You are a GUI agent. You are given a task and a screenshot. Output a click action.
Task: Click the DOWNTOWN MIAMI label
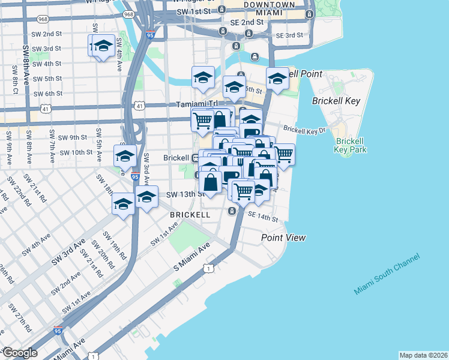pyautogui.click(x=269, y=8)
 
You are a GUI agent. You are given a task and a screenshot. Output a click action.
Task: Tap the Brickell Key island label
pyautogui.click(x=336, y=101)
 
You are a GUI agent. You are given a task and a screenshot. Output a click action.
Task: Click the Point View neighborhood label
pyautogui.click(x=283, y=238)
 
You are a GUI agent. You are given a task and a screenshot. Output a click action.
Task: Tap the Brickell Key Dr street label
pyautogui.click(x=304, y=129)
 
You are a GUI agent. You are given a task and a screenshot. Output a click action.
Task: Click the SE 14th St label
pyautogui.click(x=262, y=216)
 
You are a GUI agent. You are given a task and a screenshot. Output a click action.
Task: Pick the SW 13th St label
pyautogui.click(x=185, y=194)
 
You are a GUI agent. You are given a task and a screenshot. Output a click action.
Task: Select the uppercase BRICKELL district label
pyautogui.click(x=190, y=214)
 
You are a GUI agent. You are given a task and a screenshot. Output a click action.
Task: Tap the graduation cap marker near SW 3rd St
pyautogui.click(x=103, y=46)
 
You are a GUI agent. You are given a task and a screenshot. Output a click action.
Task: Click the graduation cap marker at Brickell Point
pyautogui.click(x=277, y=79)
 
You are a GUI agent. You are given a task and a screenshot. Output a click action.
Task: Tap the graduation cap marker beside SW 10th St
pyautogui.click(x=125, y=156)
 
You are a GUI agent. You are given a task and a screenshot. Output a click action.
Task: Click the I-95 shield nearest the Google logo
pyautogui.click(x=58, y=331)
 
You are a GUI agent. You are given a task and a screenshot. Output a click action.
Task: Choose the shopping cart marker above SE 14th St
pyautogui.click(x=243, y=191)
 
